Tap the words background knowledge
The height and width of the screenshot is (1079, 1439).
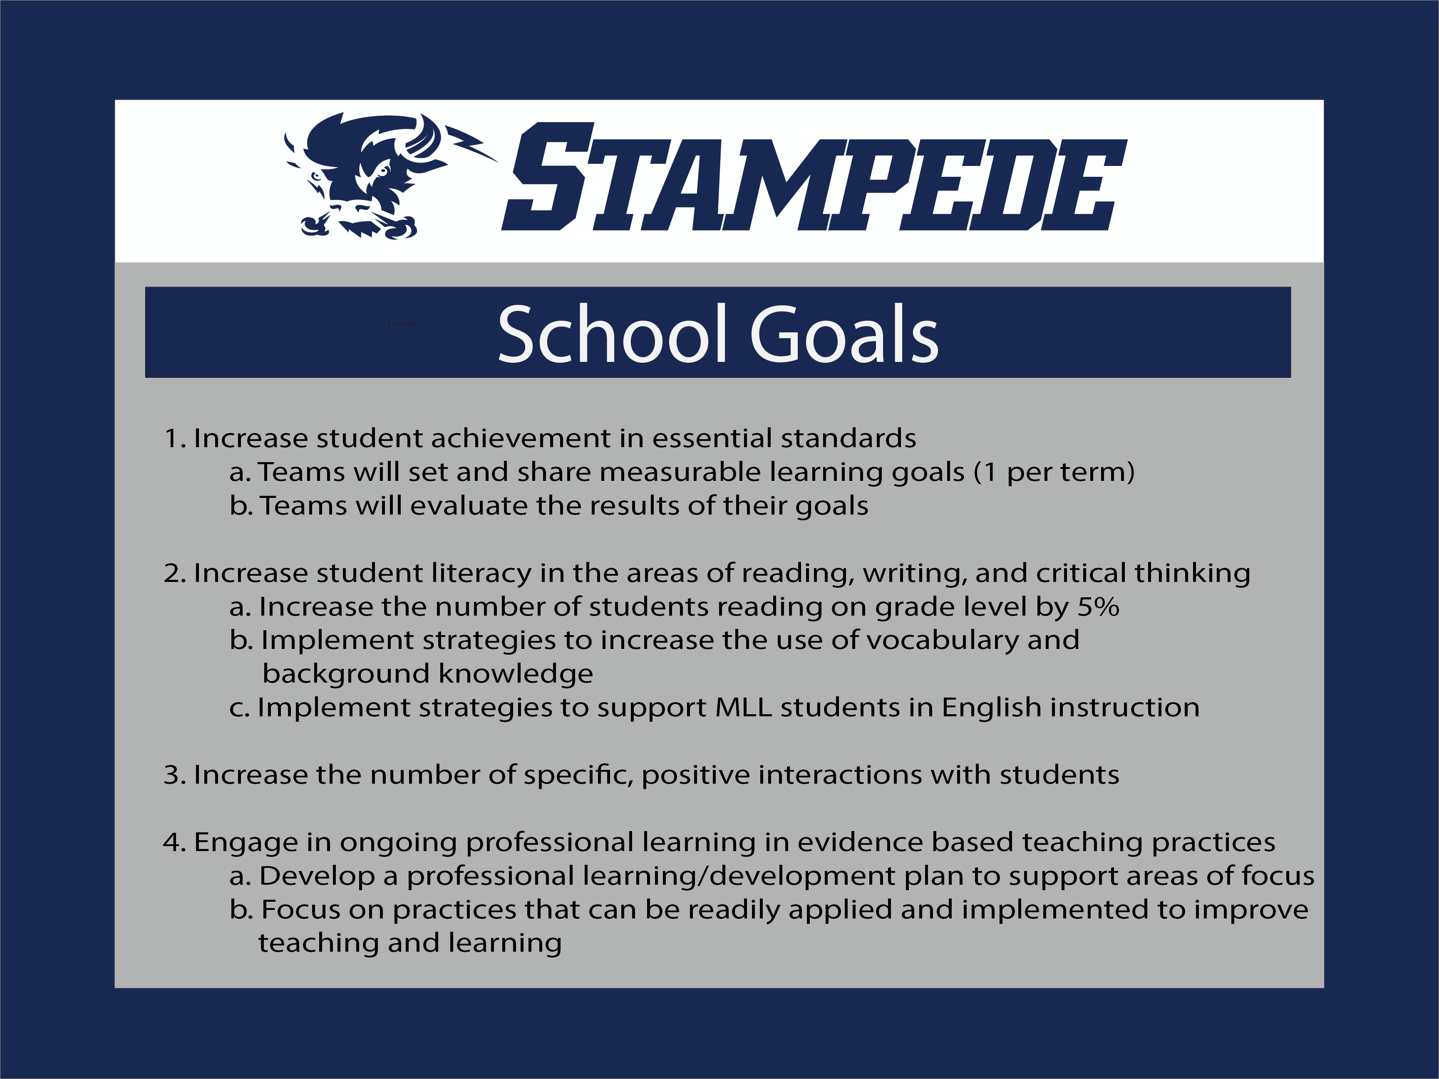click(x=427, y=674)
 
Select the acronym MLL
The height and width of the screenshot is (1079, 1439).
click(x=743, y=708)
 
